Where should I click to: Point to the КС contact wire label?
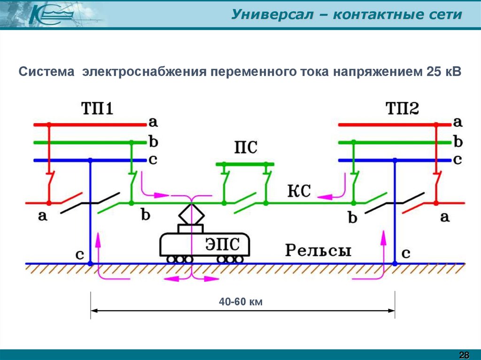[x=299, y=191]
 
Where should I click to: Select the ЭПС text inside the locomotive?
[x=222, y=245]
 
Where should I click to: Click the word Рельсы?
[x=318, y=250]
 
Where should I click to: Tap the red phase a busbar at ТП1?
[x=89, y=124]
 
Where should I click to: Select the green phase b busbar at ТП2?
[x=395, y=142]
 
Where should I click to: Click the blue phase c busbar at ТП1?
[x=89, y=161]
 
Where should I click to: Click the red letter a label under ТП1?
[x=43, y=216]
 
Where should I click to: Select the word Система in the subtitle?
[x=47, y=72]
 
